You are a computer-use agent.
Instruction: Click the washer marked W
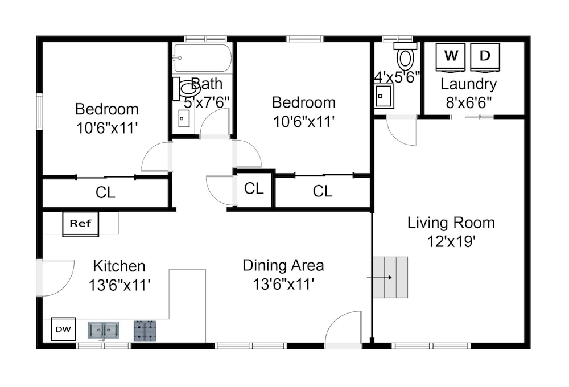pyautogui.click(x=451, y=57)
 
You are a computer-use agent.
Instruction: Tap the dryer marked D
pyautogui.click(x=485, y=57)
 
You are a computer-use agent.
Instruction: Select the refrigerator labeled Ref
pyautogui.click(x=81, y=224)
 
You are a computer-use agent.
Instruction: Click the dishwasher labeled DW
pyautogui.click(x=63, y=330)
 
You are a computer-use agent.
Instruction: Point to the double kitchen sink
pyautogui.click(x=103, y=330)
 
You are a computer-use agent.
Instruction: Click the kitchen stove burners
pyautogui.click(x=145, y=331)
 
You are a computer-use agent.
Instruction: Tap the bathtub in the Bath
pyautogui.click(x=202, y=58)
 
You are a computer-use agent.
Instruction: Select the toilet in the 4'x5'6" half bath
pyautogui.click(x=405, y=56)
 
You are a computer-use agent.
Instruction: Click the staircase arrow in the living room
pyautogui.click(x=380, y=278)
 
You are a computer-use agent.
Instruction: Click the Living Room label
pyautogui.click(x=451, y=223)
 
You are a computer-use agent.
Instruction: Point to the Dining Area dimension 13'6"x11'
pyautogui.click(x=283, y=284)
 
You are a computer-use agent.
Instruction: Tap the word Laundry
pyautogui.click(x=468, y=84)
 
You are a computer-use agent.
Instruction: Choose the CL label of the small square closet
pyautogui.click(x=254, y=188)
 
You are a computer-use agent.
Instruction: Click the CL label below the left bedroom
pyautogui.click(x=105, y=192)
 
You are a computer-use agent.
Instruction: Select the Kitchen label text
pyautogui.click(x=119, y=266)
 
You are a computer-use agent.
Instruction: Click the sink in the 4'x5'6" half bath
pyautogui.click(x=384, y=96)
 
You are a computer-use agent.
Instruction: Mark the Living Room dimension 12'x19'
pyautogui.click(x=451, y=241)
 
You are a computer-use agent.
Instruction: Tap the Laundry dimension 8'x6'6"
pyautogui.click(x=468, y=103)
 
